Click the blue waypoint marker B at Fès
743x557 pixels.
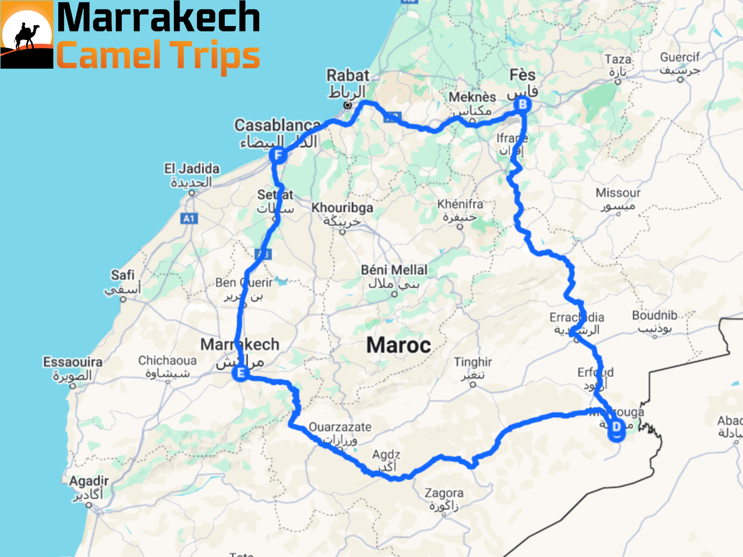pos(522,105)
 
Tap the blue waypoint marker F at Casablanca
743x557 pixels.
pos(278,156)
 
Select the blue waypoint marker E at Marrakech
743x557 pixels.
pos(241,373)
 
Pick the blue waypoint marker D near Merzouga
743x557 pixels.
pos(616,428)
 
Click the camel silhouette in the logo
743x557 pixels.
pos(26,36)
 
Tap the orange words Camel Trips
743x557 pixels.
pos(158,55)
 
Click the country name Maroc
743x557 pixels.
pos(399,345)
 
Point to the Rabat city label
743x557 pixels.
pos(348,76)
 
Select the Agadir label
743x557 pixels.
pos(89,481)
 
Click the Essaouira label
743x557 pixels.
pos(73,362)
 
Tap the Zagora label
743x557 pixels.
pos(444,493)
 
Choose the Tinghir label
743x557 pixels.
pos(473,362)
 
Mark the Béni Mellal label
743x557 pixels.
pos(394,270)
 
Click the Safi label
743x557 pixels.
pos(123,275)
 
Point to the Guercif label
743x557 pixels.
pos(680,57)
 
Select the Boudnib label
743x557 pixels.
pos(654,315)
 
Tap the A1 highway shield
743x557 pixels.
pos(189,219)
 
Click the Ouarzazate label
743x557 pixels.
pos(340,427)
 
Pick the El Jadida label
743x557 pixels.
pos(192,169)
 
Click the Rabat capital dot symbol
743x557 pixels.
pos(348,105)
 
